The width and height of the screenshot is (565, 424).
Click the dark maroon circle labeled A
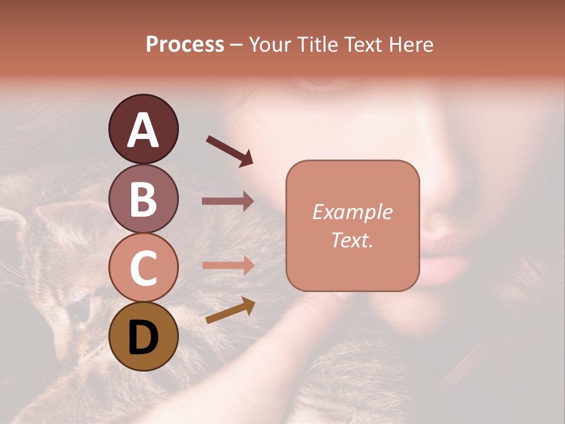coord(143,129)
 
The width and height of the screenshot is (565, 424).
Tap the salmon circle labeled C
coord(143,267)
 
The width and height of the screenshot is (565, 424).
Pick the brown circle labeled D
coord(143,336)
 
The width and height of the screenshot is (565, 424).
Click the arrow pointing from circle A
coord(230,150)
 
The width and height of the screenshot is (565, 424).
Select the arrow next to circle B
coord(228,201)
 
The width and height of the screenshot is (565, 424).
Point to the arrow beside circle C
coord(228,265)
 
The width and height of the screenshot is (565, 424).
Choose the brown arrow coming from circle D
coord(230,311)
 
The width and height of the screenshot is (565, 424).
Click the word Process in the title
coord(185,45)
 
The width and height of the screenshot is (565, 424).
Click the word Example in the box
coord(352,212)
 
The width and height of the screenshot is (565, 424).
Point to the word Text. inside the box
coord(352,240)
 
